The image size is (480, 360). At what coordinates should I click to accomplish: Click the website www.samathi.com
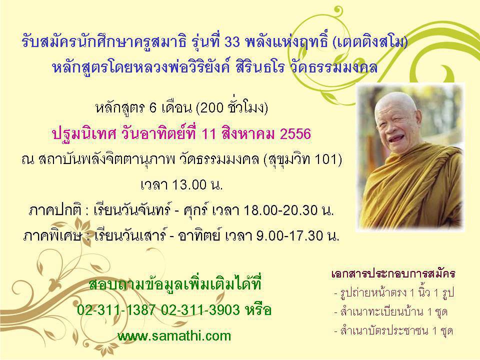(x=174, y=336)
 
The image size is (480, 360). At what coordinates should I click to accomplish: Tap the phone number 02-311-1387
(x=116, y=310)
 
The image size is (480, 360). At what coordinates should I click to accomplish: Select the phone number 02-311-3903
(x=200, y=310)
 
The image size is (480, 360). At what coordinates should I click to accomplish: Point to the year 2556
(x=295, y=134)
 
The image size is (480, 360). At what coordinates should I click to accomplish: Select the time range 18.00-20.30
(x=280, y=210)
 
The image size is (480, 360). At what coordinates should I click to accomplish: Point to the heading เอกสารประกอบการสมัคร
(x=393, y=273)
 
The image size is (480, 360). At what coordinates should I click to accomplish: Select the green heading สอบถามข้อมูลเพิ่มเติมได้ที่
(x=175, y=284)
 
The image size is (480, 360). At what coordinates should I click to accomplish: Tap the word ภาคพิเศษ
(x=53, y=236)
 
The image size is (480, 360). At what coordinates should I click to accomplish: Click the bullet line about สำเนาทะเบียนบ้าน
(x=391, y=312)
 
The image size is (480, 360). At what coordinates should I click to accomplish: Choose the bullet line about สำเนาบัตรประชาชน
(x=393, y=331)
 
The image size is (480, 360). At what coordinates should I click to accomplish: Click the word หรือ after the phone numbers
(x=258, y=310)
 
